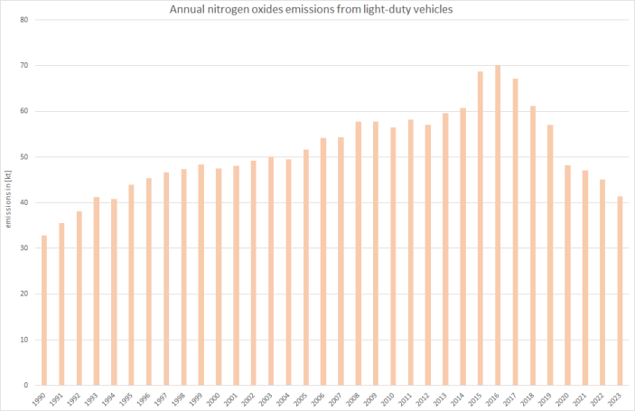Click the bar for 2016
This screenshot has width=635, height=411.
[498, 225]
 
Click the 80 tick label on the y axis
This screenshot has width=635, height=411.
[23, 20]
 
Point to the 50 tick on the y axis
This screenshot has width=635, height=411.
[23, 157]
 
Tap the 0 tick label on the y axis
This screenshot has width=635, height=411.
[25, 385]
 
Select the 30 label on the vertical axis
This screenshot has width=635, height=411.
[23, 248]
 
